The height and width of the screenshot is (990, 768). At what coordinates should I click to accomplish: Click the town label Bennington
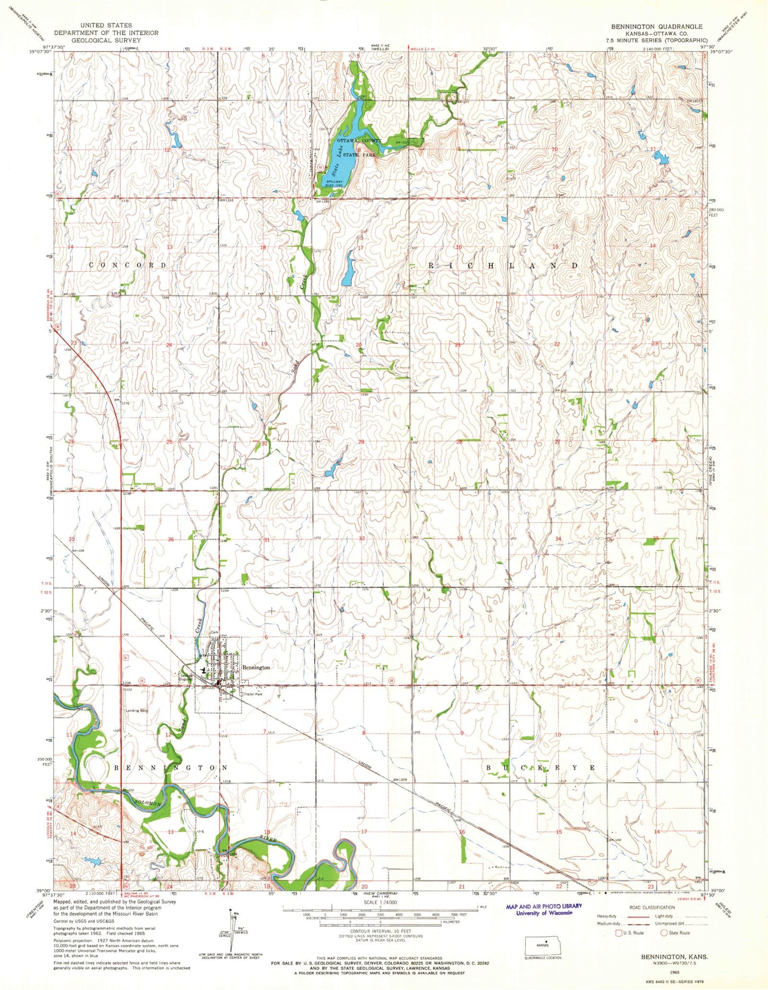256,667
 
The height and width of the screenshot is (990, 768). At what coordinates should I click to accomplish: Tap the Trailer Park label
252,694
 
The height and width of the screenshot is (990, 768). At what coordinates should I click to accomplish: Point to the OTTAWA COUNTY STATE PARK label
359,147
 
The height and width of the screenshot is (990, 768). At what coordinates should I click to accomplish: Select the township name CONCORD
128,265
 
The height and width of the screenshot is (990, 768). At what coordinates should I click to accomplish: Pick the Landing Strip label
137,710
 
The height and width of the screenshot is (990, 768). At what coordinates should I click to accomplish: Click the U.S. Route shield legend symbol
618,933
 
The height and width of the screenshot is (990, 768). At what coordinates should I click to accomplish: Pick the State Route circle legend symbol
664,933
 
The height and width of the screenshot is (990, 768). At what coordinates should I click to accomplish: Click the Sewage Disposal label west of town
185,677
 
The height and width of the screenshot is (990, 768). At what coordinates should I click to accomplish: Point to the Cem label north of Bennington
215,632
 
